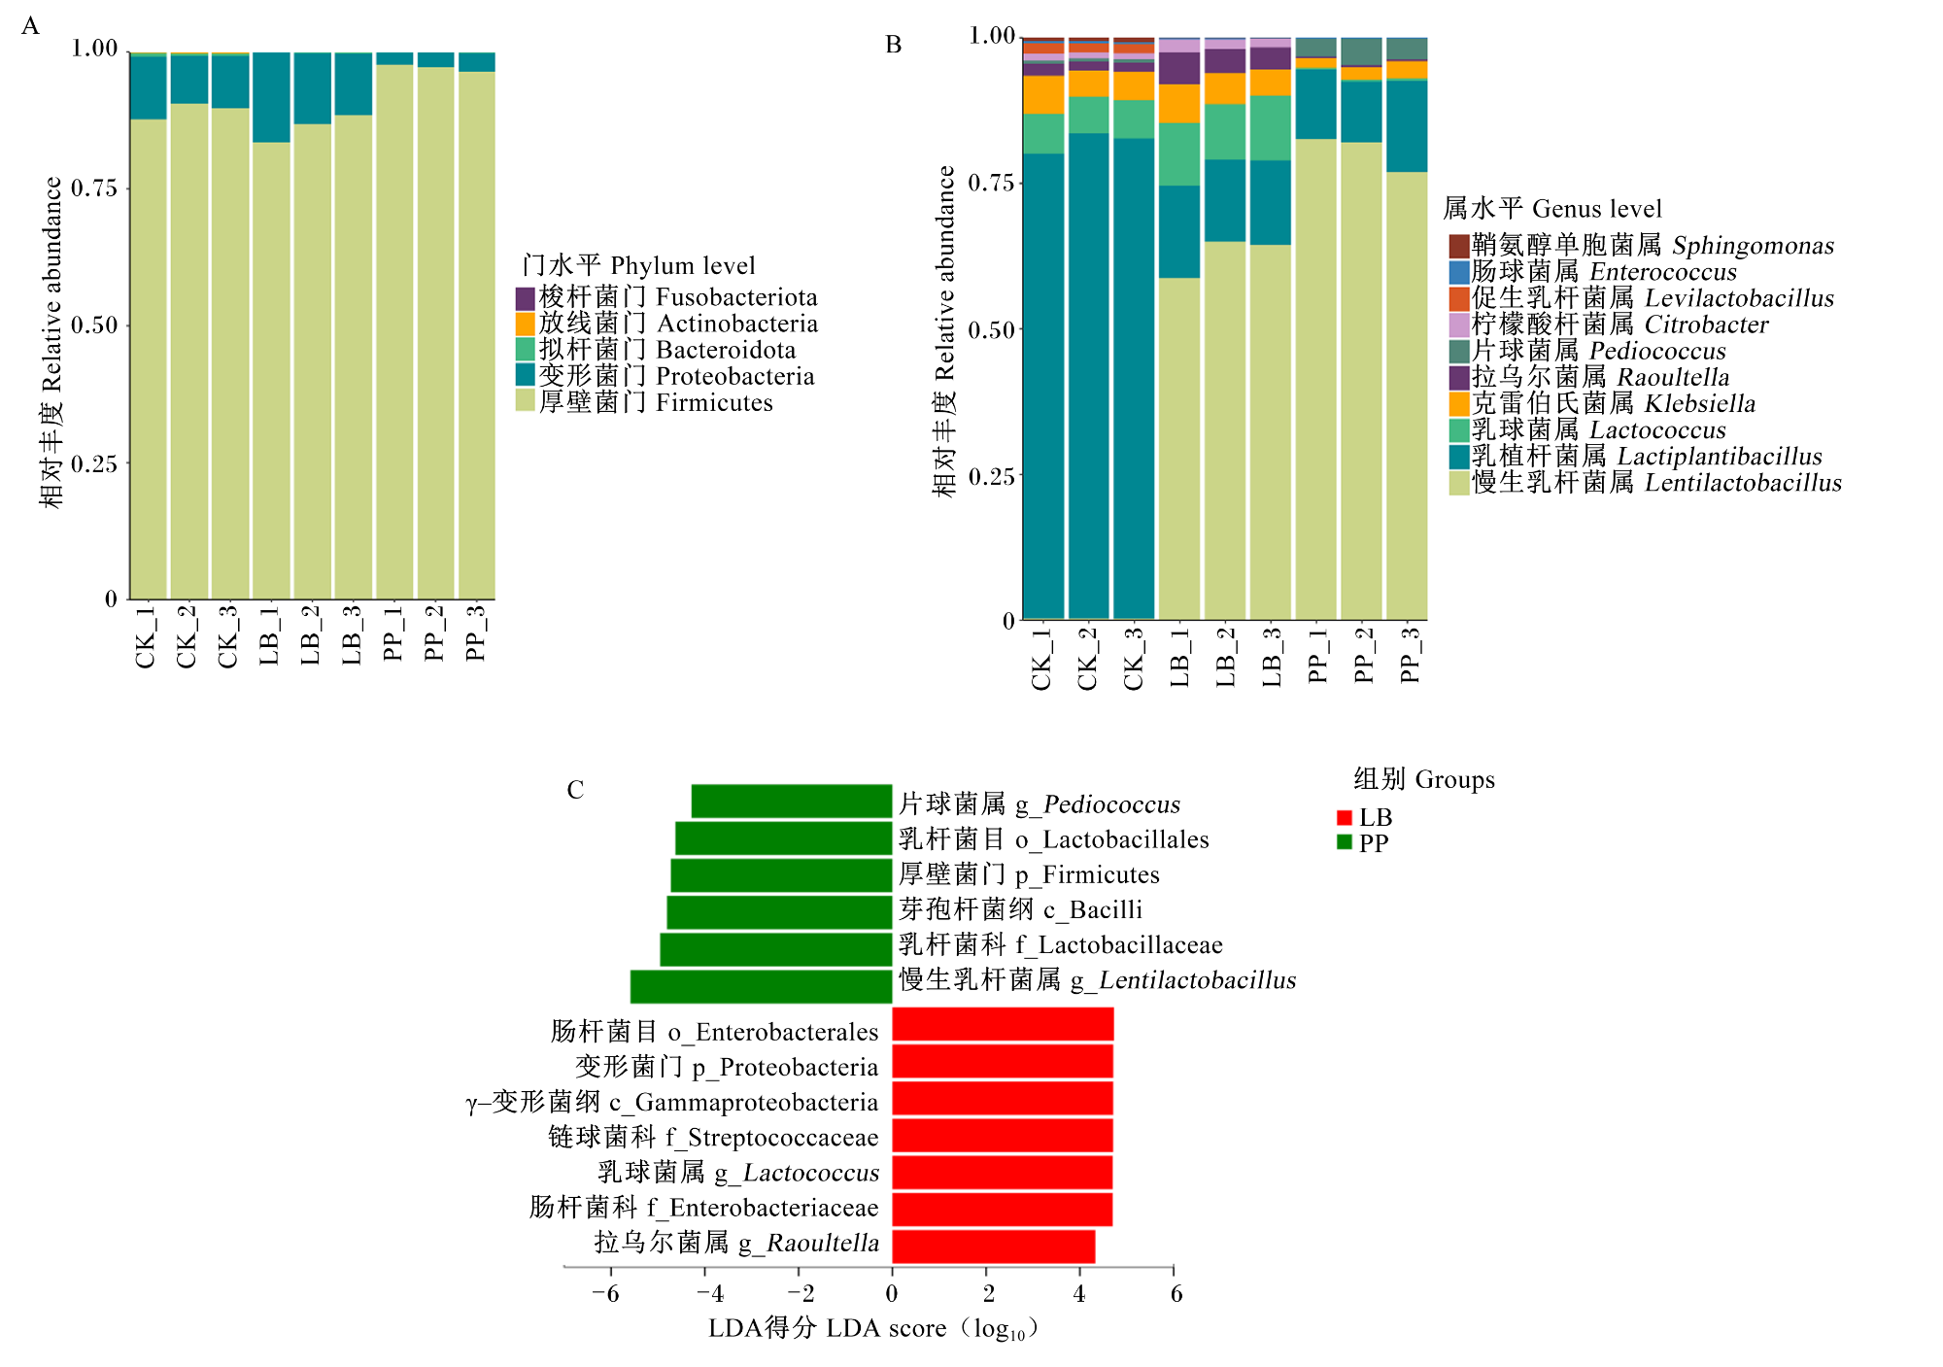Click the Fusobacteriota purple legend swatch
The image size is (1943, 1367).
pos(526,298)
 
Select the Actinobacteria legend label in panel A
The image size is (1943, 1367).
pos(678,324)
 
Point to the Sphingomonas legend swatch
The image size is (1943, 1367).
pos(1458,246)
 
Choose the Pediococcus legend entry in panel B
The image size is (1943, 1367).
pos(1598,351)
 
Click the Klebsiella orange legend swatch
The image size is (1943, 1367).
pos(1458,404)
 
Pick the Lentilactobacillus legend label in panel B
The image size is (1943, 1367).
pos(1656,483)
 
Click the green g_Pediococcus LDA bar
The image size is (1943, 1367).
pos(792,802)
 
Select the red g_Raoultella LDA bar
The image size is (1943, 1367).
pos(994,1247)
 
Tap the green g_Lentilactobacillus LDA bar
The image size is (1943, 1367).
pos(762,986)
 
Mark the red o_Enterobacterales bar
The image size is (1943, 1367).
pos(1003,1025)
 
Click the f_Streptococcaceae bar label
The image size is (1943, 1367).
pos(713,1137)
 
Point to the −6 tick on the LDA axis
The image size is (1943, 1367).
pos(606,1294)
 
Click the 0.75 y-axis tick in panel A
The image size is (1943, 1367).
pos(94,188)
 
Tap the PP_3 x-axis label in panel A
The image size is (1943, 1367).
pos(475,632)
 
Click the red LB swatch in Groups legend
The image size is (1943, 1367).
pos(1345,818)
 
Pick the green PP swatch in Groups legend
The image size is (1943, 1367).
pos(1345,842)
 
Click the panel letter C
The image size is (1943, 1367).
pos(575,790)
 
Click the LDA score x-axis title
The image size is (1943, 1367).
pos(873,1328)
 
